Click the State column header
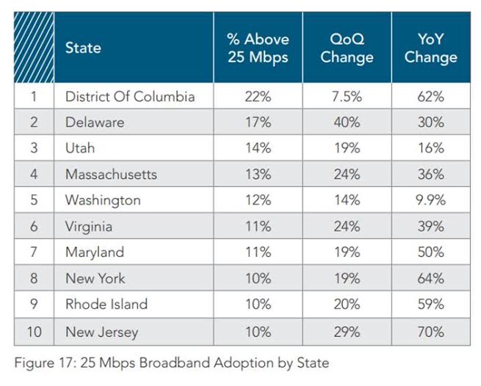[x=83, y=48]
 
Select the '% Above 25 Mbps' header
[x=258, y=48]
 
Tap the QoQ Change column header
[x=347, y=48]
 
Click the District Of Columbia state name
[x=130, y=96]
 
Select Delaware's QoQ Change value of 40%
[x=347, y=122]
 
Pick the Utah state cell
[x=80, y=148]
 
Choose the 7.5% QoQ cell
[x=347, y=96]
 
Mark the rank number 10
[x=34, y=332]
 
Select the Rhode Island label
[x=106, y=304]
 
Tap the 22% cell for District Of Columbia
[x=258, y=96]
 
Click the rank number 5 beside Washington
[x=34, y=200]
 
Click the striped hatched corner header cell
[x=34, y=48]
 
